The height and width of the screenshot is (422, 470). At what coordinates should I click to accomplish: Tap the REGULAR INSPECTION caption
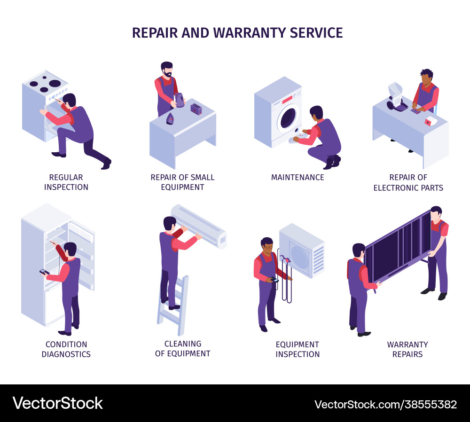(66, 182)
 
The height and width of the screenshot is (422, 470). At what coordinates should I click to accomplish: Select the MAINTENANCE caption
(298, 177)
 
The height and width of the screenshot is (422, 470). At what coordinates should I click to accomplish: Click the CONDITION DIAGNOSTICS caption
(66, 349)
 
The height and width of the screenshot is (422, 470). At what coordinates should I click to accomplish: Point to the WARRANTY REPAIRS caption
(407, 349)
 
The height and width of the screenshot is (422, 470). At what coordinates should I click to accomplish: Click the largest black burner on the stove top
(55, 84)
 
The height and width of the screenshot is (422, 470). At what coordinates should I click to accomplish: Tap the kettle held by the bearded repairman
(179, 100)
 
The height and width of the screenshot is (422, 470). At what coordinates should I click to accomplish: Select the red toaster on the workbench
(196, 109)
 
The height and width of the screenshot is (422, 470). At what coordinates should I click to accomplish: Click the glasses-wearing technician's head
(266, 244)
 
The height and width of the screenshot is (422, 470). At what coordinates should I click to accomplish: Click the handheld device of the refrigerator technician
(44, 272)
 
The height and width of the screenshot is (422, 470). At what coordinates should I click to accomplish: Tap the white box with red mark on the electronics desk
(430, 121)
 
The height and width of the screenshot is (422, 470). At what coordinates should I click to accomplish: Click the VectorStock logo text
(57, 403)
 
